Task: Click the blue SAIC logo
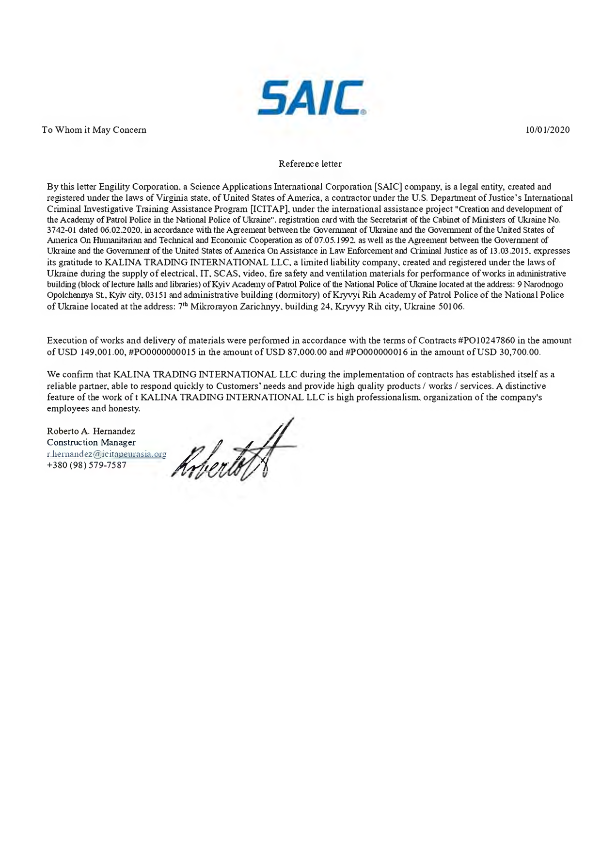click(x=311, y=98)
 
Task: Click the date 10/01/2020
click(x=548, y=130)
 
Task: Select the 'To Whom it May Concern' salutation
click(x=94, y=130)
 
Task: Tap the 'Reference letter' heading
click(x=310, y=164)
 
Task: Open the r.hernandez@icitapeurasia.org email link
click(x=107, y=454)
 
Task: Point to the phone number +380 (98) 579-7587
click(x=87, y=466)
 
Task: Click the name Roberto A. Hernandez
click(x=91, y=431)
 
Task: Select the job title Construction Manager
click(x=91, y=442)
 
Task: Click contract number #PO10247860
click(x=486, y=340)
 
